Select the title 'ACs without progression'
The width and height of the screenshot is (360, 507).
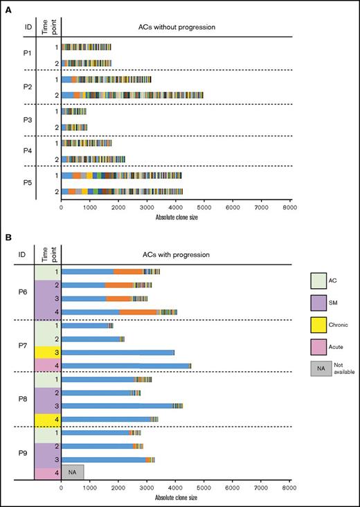(176, 26)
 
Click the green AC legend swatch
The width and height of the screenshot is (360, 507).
(322, 280)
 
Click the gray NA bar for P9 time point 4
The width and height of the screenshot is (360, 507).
(73, 472)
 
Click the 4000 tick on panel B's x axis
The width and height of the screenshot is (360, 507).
(176, 489)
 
